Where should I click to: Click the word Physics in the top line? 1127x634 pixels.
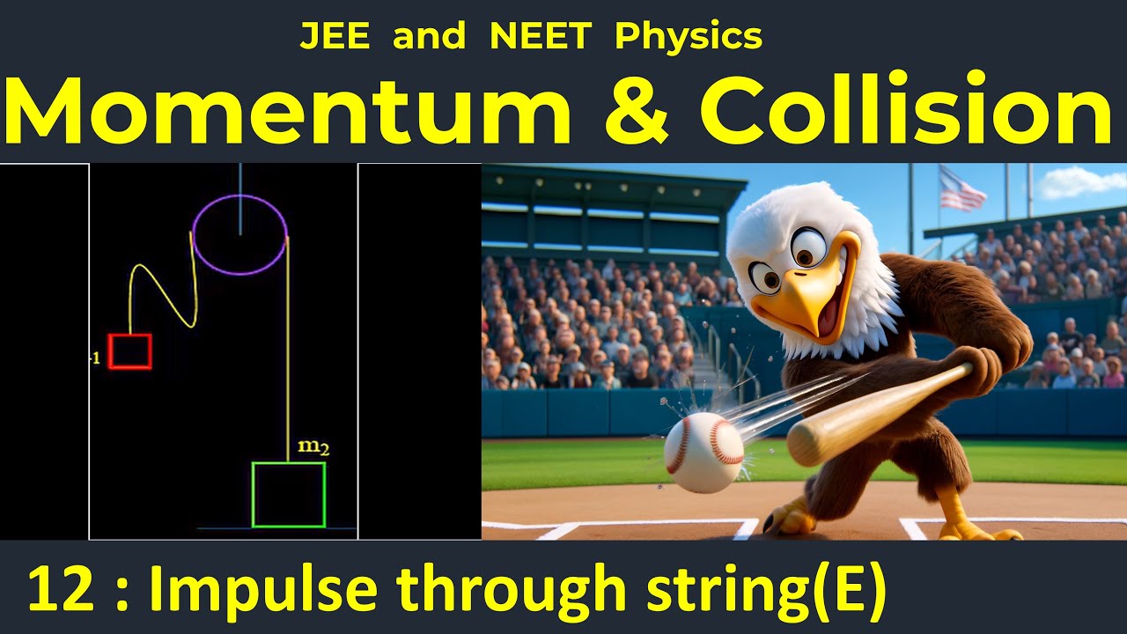click(x=689, y=37)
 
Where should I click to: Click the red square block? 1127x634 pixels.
click(x=129, y=351)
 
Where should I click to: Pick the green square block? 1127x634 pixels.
click(x=289, y=495)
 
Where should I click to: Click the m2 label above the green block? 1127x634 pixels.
click(x=313, y=447)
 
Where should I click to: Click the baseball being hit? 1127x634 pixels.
click(x=703, y=453)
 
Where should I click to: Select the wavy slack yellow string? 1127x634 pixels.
click(x=163, y=282)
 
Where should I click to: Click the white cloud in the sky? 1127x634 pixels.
click(x=1080, y=182)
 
